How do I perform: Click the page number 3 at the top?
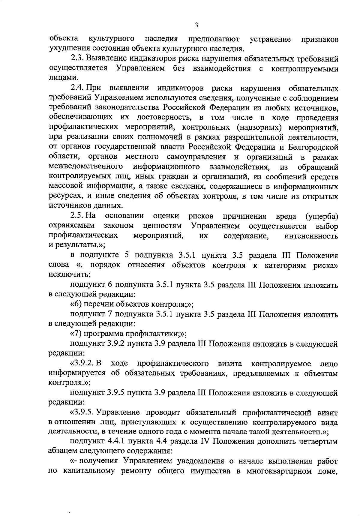(196, 25)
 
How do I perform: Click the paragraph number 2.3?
(77, 58)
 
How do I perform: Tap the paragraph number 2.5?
(77, 216)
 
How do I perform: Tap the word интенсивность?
(311, 236)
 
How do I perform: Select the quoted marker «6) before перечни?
(76, 304)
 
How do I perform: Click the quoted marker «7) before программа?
(76, 334)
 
